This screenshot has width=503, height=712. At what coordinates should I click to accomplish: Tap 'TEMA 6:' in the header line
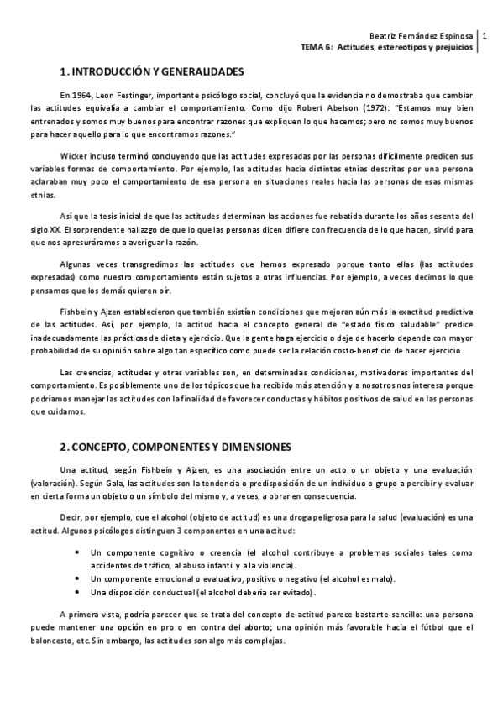tap(317, 49)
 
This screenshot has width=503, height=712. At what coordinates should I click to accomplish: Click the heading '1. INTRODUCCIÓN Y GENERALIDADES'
tap(152, 71)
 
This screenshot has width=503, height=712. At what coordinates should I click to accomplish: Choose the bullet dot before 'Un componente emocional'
tap(77, 578)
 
